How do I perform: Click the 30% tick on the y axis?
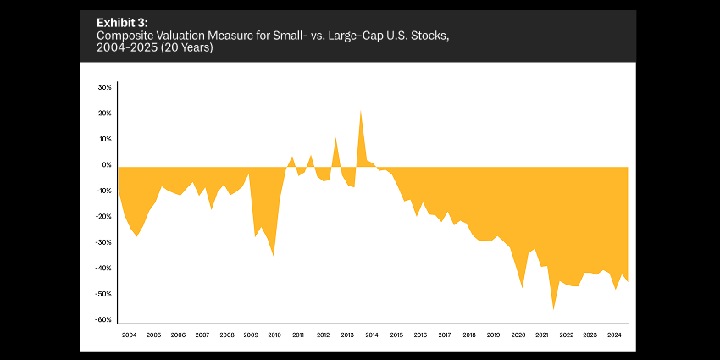coord(105,87)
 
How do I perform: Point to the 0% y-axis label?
coord(107,165)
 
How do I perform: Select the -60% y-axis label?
coord(104,320)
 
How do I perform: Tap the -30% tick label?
coord(104,242)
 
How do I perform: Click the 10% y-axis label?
coord(105,139)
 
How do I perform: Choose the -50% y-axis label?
coord(104,294)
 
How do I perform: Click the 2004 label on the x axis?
coord(129,335)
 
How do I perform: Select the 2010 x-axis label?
coord(274,335)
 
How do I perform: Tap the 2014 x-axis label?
coord(371,335)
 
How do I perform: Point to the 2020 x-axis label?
coord(517,335)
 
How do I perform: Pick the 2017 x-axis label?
coord(444,335)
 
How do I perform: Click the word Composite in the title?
coord(126,36)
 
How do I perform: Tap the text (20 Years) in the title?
coord(190,49)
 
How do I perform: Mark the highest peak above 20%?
coord(361,111)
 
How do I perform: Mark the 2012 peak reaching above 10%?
coord(336,137)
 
